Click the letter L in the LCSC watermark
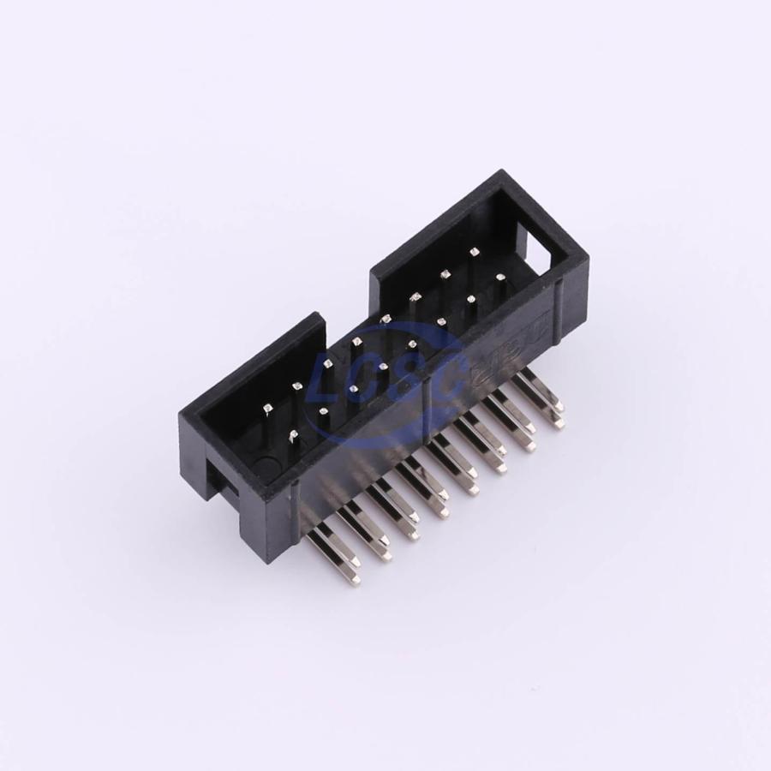336,375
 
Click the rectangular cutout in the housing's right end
538,254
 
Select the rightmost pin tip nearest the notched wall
473,251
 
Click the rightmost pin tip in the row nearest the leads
499,276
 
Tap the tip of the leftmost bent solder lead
355,580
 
